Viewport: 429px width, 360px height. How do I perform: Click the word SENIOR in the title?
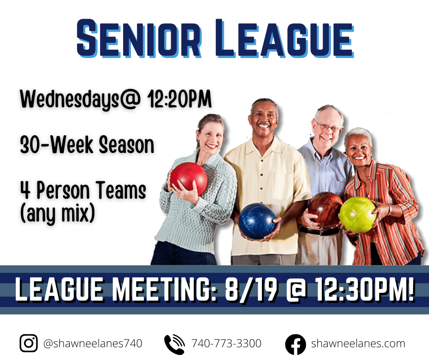coord(139,38)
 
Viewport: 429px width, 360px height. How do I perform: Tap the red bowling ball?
coord(188,179)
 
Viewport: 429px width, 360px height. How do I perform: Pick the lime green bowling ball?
coord(358,215)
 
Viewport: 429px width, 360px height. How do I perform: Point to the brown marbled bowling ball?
coord(325,209)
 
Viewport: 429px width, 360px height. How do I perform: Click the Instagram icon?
coord(28,343)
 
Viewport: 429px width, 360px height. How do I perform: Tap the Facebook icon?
coord(295,344)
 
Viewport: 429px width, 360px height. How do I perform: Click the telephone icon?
coord(174,344)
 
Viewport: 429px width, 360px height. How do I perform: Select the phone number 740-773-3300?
coord(226,343)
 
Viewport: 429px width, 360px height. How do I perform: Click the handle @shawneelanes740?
coord(93,344)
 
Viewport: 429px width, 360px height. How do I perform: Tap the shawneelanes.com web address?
coord(358,343)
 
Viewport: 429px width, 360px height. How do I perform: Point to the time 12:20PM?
coord(179,99)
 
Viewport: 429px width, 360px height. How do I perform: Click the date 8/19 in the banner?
coord(251,290)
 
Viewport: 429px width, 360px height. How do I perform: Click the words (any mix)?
coord(58,214)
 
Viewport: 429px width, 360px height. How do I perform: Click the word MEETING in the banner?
coord(165,290)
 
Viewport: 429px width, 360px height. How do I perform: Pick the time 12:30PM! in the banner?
coord(365,290)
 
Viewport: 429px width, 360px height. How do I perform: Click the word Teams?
coord(121,190)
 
